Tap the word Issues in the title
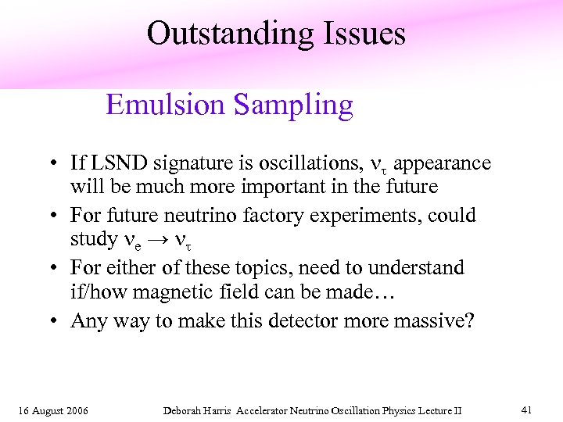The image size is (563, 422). point(364,34)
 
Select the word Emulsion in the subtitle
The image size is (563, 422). point(160,104)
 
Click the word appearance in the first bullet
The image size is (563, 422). point(443,164)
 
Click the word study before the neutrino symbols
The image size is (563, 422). point(93,241)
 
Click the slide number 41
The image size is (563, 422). point(526,409)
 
